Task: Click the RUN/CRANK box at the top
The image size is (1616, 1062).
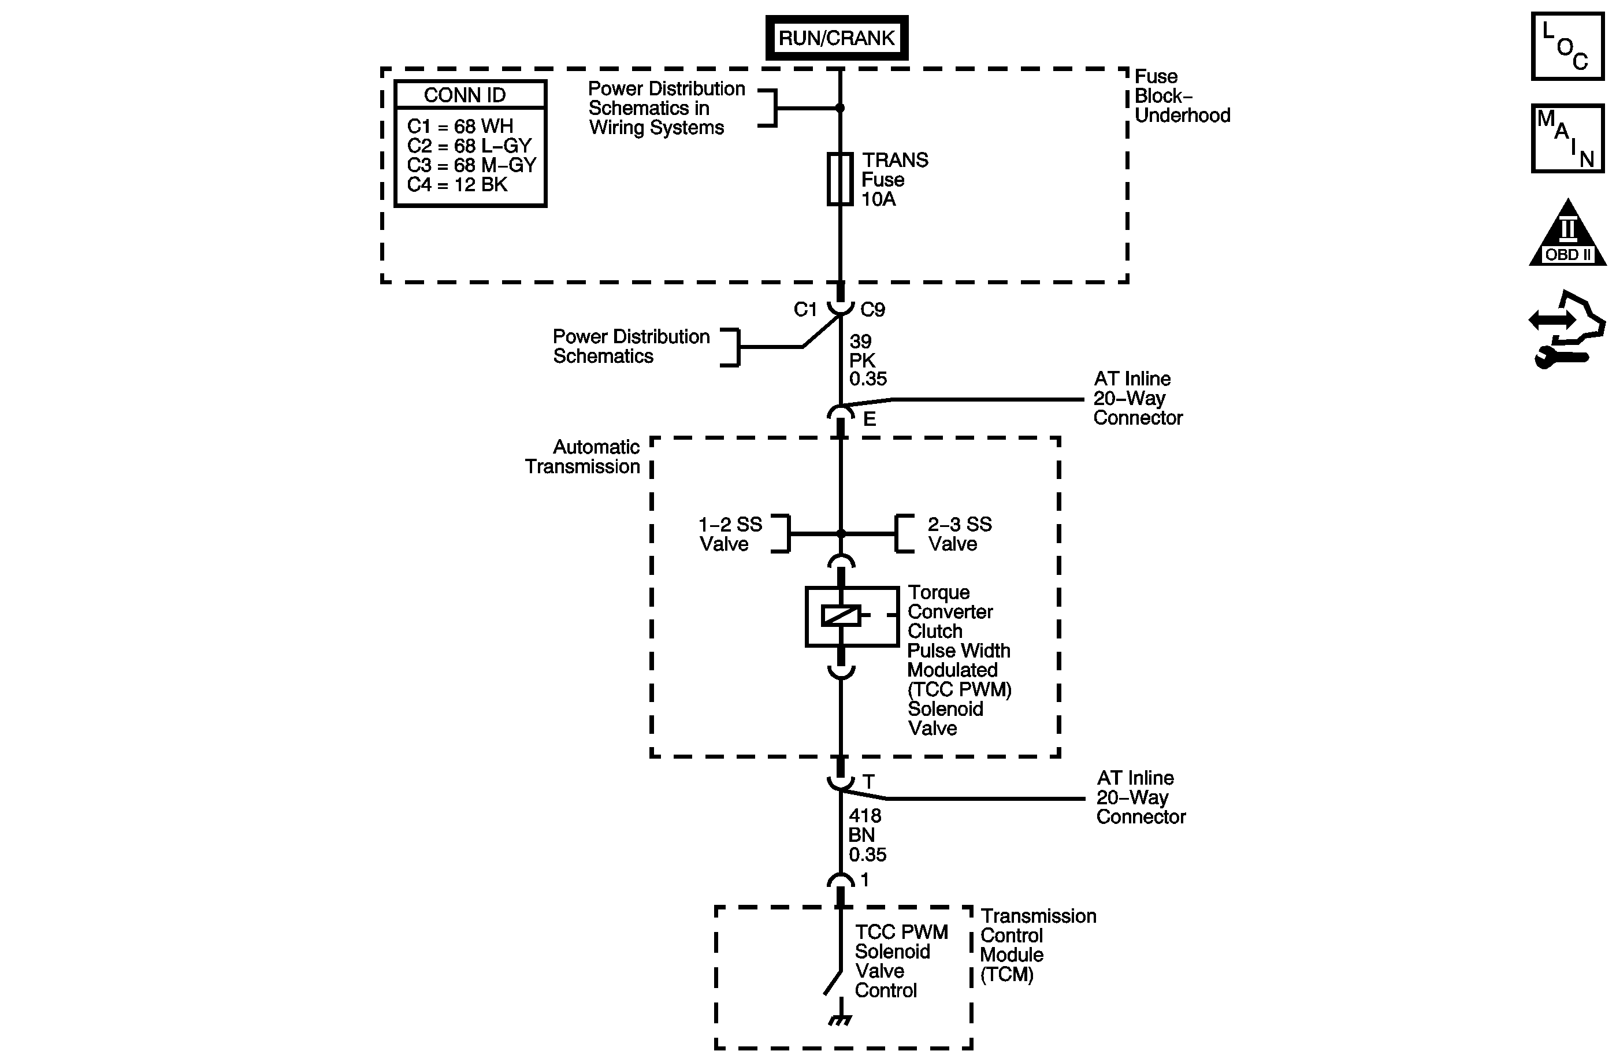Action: [x=837, y=38]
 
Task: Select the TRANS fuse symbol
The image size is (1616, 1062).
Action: [x=840, y=179]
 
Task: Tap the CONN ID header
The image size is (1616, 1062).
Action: [x=465, y=95]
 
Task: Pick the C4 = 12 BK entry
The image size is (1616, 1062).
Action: [x=457, y=185]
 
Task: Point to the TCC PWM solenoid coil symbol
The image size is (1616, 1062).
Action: [x=841, y=616]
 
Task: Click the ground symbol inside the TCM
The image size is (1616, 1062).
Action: [x=841, y=1020]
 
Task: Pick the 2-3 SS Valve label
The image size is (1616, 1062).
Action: [x=960, y=534]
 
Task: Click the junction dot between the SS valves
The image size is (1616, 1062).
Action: [x=841, y=534]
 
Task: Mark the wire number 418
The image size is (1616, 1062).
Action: [x=865, y=815]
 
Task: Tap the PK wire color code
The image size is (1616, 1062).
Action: [x=863, y=360]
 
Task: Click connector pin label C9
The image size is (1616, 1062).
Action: [x=872, y=310]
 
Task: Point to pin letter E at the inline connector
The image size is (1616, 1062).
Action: [x=869, y=419]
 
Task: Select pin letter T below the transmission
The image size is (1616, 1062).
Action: [x=868, y=782]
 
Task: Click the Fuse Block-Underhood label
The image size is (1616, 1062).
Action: [x=1182, y=96]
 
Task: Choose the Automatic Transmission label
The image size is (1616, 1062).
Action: [x=582, y=457]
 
